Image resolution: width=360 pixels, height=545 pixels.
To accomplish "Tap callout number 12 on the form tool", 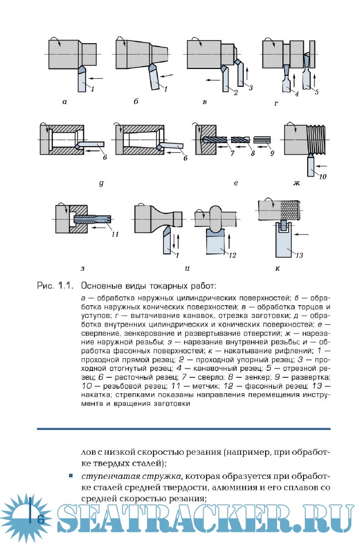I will pyautogui.click(x=232, y=254).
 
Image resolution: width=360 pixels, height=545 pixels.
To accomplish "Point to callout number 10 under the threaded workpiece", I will pyautogui.click(x=323, y=176).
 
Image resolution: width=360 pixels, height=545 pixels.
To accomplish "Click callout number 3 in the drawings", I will pyautogui.click(x=250, y=86).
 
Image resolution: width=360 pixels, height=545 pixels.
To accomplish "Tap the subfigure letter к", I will pyautogui.click(x=277, y=268).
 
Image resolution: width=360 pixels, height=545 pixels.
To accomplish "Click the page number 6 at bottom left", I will pyautogui.click(x=41, y=519).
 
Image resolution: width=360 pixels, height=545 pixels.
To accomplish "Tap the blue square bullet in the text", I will pyautogui.click(x=70, y=476).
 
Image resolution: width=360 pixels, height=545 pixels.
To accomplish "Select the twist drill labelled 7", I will pyautogui.click(x=217, y=140).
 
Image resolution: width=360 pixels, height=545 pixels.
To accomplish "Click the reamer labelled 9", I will pyautogui.click(x=262, y=140).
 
